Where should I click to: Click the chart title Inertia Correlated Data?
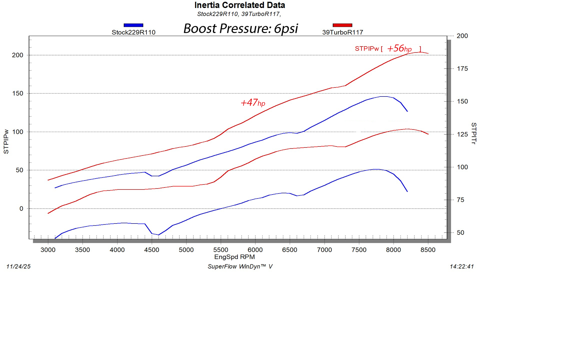click(x=239, y=5)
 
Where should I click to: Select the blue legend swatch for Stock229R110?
click(x=133, y=25)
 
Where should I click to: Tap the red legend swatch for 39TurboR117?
click(x=342, y=25)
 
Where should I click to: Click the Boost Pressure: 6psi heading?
click(x=240, y=29)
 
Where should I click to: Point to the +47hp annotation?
click(x=252, y=103)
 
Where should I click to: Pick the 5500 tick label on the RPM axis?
click(x=221, y=250)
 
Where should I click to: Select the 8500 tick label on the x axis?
click(x=428, y=250)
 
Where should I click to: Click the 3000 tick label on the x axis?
click(x=48, y=250)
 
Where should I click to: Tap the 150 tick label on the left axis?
click(x=17, y=94)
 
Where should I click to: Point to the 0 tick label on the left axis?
click(x=21, y=209)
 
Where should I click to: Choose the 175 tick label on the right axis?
click(x=462, y=69)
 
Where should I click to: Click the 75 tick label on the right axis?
click(x=460, y=200)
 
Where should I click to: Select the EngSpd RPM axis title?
click(x=234, y=257)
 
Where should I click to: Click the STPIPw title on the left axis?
click(x=6, y=141)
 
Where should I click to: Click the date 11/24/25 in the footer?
click(x=18, y=266)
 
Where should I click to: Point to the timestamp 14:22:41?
click(x=461, y=266)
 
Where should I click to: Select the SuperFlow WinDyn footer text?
click(x=240, y=266)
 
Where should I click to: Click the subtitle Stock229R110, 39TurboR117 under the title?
click(x=239, y=14)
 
